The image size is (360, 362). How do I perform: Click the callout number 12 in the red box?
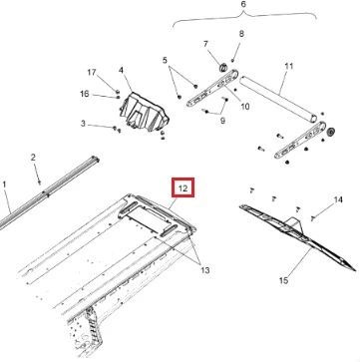coord(182,188)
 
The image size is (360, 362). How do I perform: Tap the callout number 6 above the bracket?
coord(243,5)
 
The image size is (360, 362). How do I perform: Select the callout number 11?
coord(289,66)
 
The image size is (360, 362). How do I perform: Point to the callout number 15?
coord(283,280)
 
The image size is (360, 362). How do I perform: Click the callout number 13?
coord(205,270)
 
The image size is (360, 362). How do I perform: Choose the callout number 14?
coord(338,199)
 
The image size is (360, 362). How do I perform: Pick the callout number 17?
coord(92,72)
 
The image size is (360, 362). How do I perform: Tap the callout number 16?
coord(85,94)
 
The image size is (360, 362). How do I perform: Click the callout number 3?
coord(83,124)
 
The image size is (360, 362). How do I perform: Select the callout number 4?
coord(121,70)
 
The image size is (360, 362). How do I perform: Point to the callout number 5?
coord(165,60)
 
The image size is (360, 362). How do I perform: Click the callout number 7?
coord(205,44)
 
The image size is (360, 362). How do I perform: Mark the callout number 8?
coord(241,34)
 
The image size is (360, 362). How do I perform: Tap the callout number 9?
coord(222,121)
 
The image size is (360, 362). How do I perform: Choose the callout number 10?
coord(245,107)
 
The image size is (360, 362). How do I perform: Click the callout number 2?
coord(33,158)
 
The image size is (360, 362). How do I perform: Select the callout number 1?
coord(4,184)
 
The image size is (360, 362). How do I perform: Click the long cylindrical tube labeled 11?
coord(277,100)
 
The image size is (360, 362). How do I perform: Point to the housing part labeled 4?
coord(144,112)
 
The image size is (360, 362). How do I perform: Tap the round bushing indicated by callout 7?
coord(222,67)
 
